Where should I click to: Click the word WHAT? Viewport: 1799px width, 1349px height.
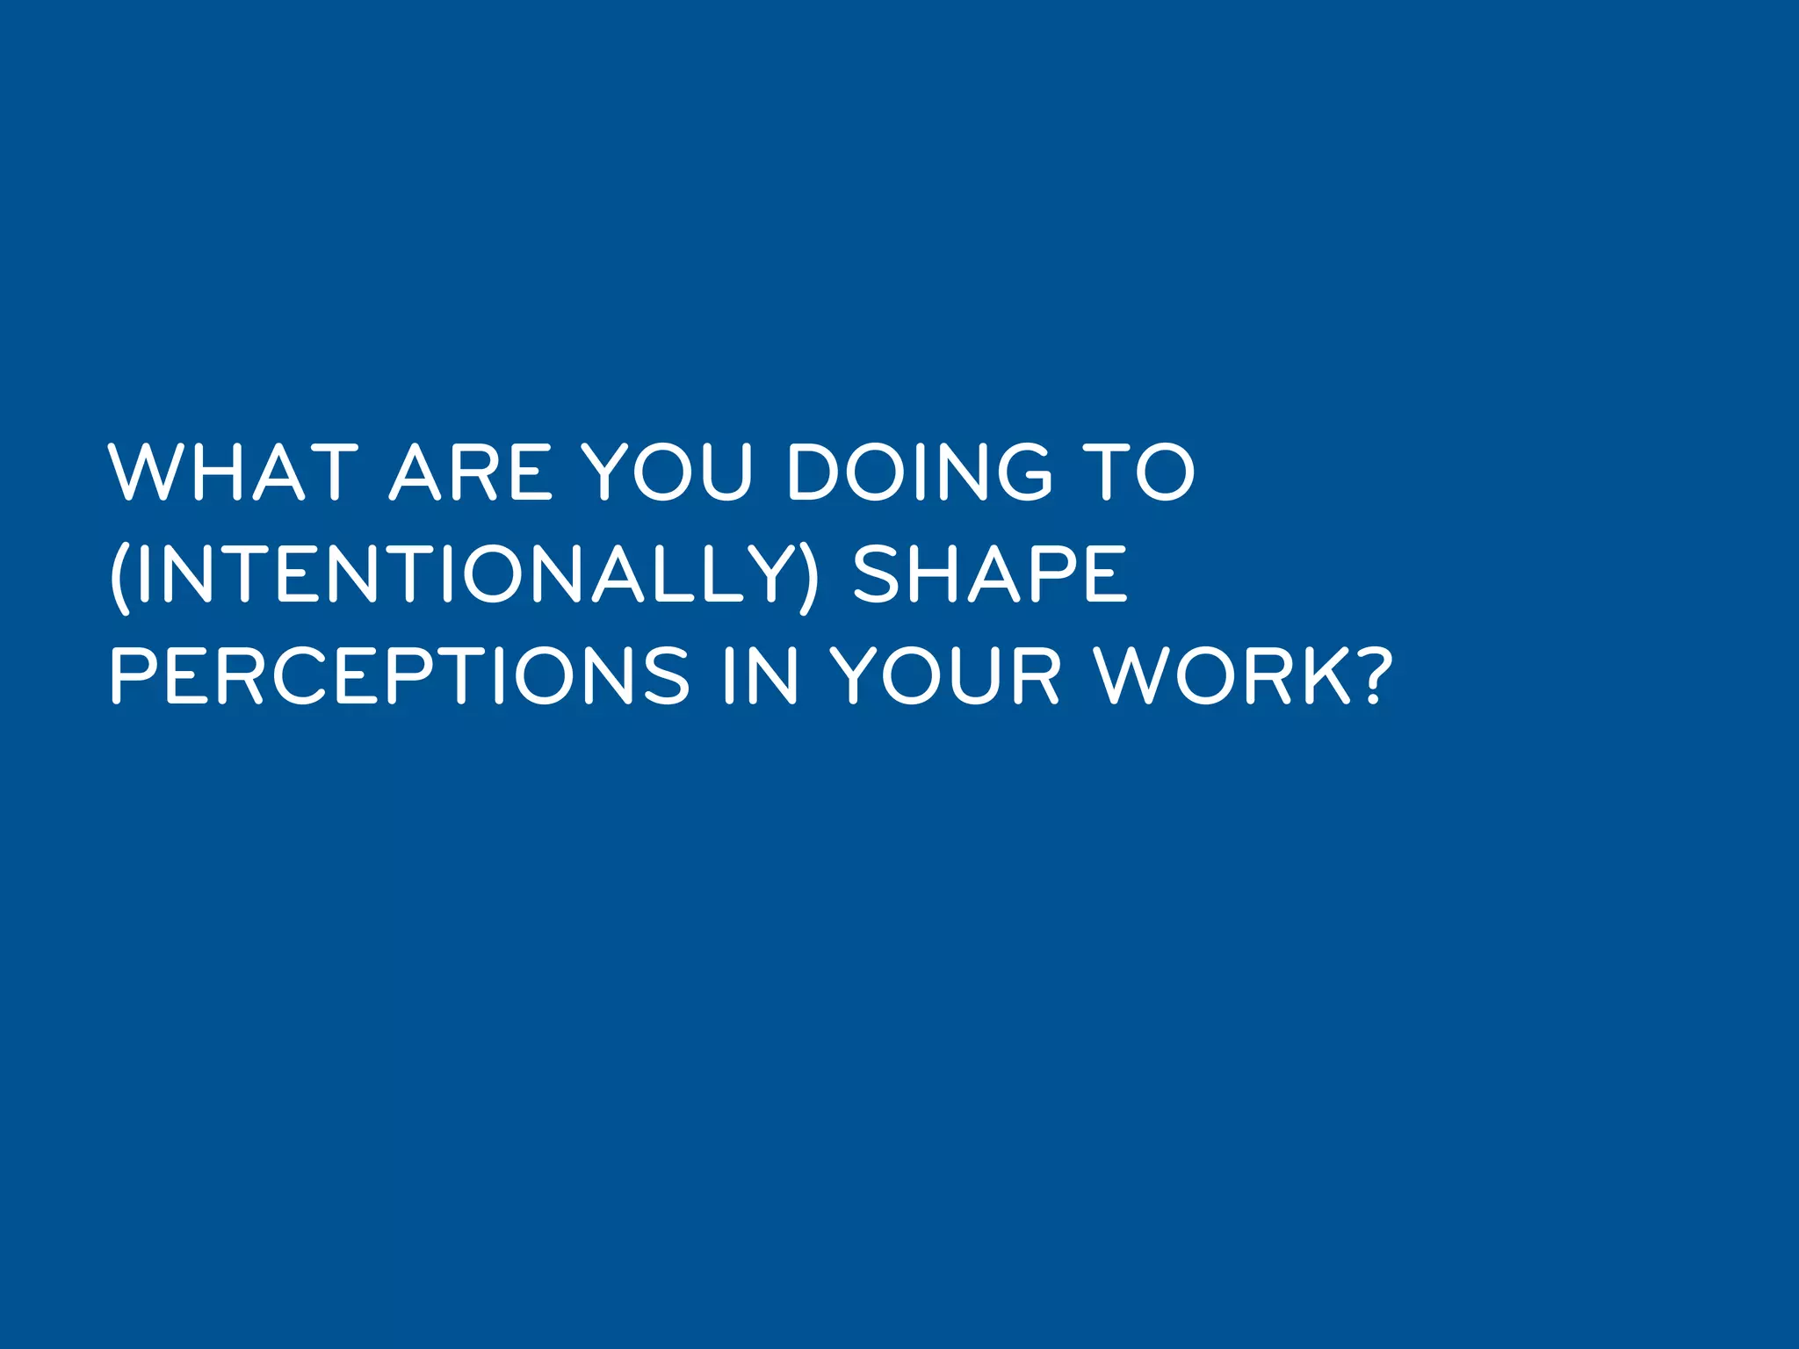tap(233, 473)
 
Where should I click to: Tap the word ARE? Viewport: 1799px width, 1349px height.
tap(471, 473)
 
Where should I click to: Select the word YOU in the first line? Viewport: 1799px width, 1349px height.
tap(668, 473)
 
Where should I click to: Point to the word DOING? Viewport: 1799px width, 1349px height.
tap(919, 473)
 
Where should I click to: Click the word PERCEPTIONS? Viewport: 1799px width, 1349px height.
tap(400, 676)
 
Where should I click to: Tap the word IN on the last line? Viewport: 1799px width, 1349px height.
tap(761, 676)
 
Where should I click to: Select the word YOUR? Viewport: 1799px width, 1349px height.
tap(945, 676)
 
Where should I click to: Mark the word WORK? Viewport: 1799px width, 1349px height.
tap(1225, 676)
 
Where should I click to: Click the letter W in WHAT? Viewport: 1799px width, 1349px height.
tap(145, 473)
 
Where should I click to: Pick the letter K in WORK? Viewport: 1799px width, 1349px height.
tap(1327, 676)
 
